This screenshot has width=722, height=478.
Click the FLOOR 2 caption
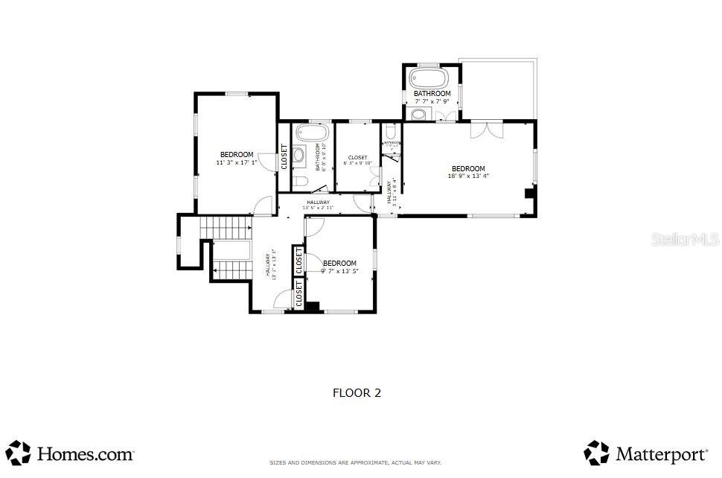pyautogui.click(x=356, y=393)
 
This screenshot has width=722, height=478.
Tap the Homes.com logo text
pyautogui.click(x=85, y=453)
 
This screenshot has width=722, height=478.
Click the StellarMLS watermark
pyautogui.click(x=685, y=240)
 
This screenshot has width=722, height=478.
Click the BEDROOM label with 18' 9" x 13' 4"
pyautogui.click(x=468, y=169)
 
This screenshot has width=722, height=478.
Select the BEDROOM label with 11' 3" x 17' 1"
pyautogui.click(x=236, y=155)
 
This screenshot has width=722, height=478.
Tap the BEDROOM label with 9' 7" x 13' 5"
pyautogui.click(x=339, y=264)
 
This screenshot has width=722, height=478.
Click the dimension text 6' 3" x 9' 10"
pyautogui.click(x=357, y=164)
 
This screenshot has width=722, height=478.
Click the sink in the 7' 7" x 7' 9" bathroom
pyautogui.click(x=418, y=114)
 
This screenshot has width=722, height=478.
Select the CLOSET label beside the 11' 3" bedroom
pyautogui.click(x=284, y=156)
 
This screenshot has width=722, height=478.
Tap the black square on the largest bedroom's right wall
pyautogui.click(x=529, y=194)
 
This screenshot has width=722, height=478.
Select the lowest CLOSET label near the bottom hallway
pyautogui.click(x=299, y=294)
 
